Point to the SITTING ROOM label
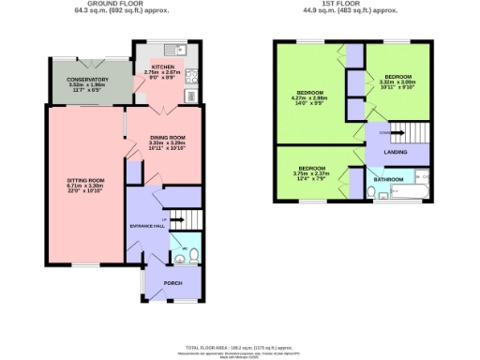tap(83, 179)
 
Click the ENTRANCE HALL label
tap(146, 226)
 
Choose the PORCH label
tap(172, 282)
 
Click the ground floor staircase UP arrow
tap(175, 219)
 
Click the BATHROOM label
tap(388, 178)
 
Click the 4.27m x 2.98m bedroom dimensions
tap(309, 97)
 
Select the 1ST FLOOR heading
tap(351, 4)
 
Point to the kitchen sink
tap(173, 50)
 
